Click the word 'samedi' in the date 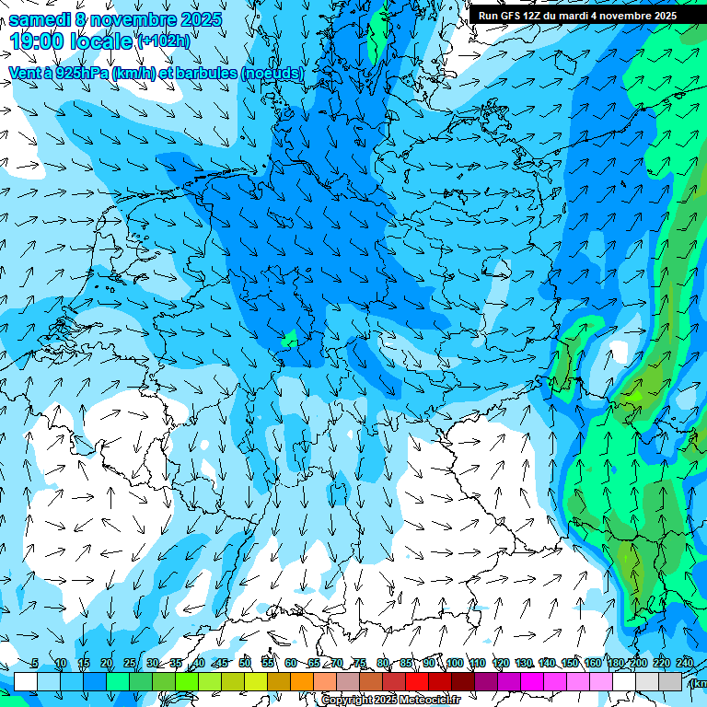[39, 19]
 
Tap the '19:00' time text [37, 41]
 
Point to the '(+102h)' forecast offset [163, 41]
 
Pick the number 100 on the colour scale [455, 664]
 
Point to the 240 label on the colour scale [685, 664]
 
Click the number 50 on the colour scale [245, 664]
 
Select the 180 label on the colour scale [615, 664]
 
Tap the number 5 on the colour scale [35, 664]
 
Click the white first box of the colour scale [26, 681]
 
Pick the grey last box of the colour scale [670, 681]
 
